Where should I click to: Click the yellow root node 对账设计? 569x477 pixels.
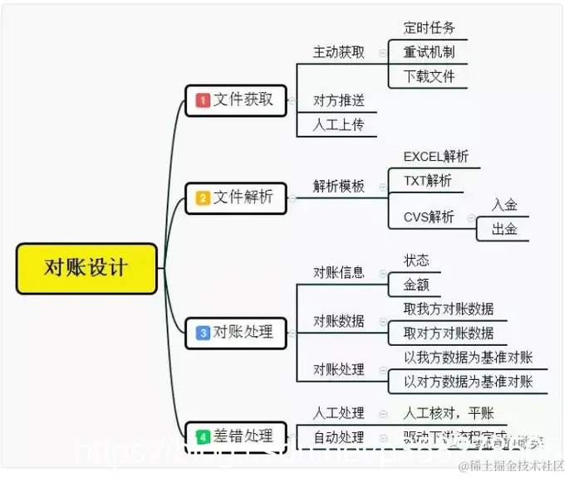[86, 268]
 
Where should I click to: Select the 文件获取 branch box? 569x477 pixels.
[236, 100]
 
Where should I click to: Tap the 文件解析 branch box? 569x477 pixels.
[236, 197]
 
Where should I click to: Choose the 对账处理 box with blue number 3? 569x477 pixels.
[236, 332]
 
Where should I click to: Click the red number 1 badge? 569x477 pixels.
[202, 100]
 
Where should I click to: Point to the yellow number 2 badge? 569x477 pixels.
[202, 198]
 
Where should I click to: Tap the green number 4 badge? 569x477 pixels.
[202, 436]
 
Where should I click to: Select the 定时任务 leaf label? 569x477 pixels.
[429, 27]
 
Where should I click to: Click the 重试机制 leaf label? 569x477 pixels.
[429, 51]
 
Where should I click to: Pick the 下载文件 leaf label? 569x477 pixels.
[429, 76]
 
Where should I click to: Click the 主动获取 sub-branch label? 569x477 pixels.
[338, 51]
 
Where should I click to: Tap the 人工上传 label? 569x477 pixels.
[338, 125]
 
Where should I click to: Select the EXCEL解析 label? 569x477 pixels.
[435, 156]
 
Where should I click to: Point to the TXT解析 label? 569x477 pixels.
[427, 180]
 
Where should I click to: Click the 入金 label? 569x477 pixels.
[504, 205]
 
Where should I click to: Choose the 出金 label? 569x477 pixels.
[504, 229]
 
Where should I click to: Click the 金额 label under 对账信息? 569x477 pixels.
[416, 285]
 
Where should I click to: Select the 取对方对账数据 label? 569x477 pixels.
[449, 333]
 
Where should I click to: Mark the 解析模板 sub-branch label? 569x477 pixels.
[338, 187]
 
